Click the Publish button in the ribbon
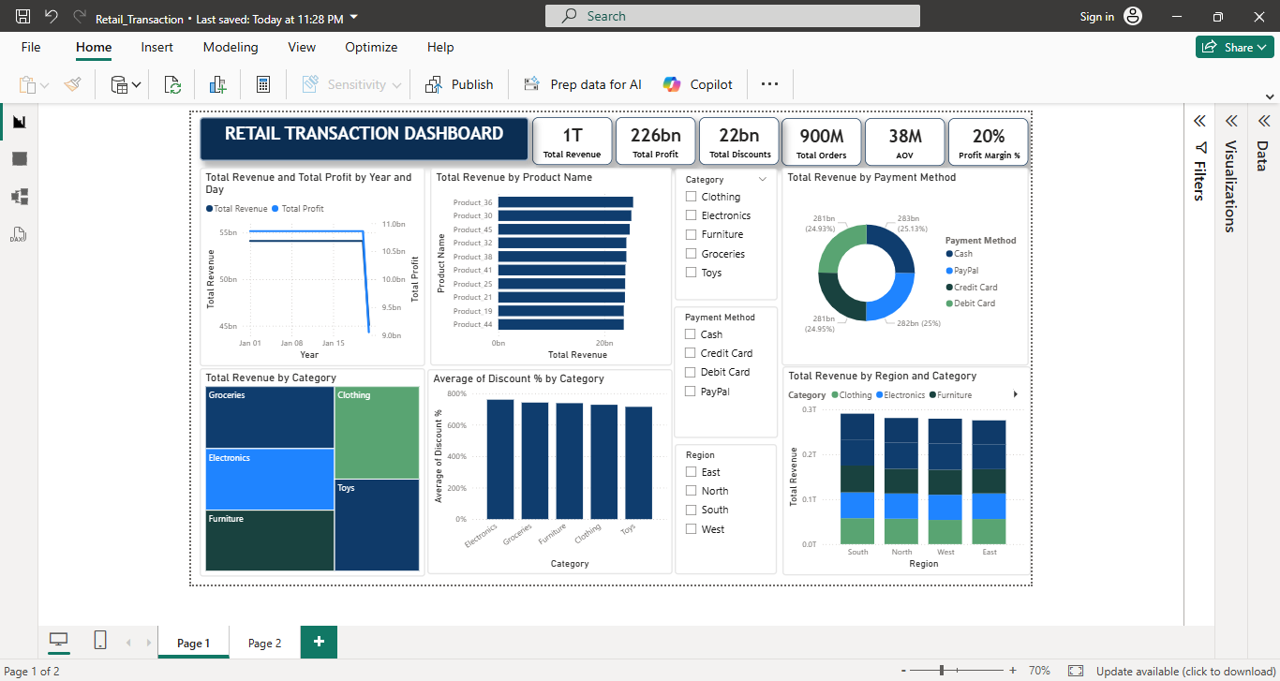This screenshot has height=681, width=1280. point(459,84)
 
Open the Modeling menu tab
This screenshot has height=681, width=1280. point(230,47)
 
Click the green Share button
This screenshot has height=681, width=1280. point(1234,47)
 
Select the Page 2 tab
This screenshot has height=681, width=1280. point(264,644)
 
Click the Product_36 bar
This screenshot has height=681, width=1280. point(565,202)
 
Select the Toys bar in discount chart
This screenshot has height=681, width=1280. point(638,463)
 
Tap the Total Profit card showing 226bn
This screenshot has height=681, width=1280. point(655,141)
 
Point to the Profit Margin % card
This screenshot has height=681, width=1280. point(989,141)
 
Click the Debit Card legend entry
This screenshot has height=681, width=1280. point(974,303)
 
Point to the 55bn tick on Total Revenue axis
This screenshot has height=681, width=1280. point(229,232)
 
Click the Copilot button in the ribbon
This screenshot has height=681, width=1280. point(698,84)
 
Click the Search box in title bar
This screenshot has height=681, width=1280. point(732,16)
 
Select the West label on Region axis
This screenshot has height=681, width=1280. point(945,552)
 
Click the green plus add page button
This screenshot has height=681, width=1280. point(319,642)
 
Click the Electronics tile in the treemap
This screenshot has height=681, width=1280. point(270,479)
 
